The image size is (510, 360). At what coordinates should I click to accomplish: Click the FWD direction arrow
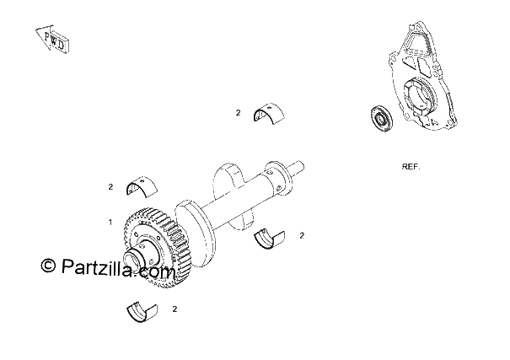(x=52, y=39)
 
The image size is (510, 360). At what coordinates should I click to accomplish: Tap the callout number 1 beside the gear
(x=110, y=223)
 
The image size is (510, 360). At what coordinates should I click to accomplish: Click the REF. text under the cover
(x=411, y=167)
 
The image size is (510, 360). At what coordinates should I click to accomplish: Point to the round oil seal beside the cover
(x=382, y=118)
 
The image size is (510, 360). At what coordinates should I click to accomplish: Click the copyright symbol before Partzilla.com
(x=48, y=266)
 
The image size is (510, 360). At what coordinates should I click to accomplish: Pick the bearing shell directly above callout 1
(x=142, y=187)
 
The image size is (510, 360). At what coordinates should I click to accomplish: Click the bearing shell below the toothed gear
(x=142, y=313)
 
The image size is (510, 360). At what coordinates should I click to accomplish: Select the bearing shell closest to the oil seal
(x=269, y=114)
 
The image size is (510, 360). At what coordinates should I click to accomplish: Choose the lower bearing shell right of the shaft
(x=269, y=239)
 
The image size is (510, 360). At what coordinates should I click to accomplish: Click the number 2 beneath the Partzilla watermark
(x=174, y=309)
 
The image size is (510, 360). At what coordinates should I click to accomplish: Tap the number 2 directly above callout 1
(x=110, y=187)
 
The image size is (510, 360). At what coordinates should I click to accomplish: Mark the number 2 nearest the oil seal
(x=238, y=113)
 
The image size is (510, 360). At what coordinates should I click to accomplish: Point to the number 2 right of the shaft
(x=302, y=235)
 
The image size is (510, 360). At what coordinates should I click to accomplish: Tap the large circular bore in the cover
(x=417, y=97)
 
